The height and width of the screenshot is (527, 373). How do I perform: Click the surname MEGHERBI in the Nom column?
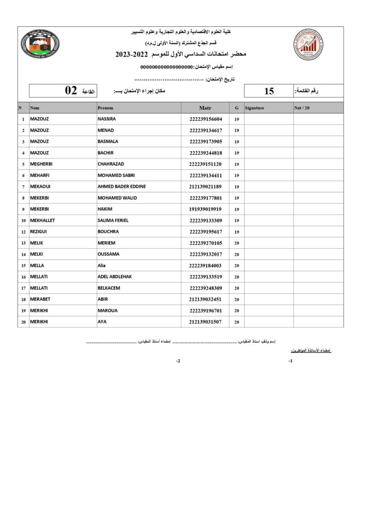pyautogui.click(x=42, y=164)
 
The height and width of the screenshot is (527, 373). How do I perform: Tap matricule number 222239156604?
pyautogui.click(x=205, y=119)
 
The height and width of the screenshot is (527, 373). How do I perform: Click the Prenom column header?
pyautogui.click(x=105, y=108)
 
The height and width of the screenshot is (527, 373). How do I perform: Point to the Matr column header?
pyautogui.click(x=205, y=108)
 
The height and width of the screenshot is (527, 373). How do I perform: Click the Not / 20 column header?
pyautogui.click(x=303, y=108)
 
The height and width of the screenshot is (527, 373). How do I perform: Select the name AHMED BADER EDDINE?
pyautogui.click(x=121, y=186)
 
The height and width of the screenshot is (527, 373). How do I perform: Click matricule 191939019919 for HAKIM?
pyautogui.click(x=205, y=209)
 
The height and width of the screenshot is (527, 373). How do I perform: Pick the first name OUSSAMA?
pyautogui.click(x=109, y=254)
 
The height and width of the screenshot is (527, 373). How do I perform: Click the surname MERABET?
pyautogui.click(x=41, y=299)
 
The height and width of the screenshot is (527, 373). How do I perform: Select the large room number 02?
pyautogui.click(x=71, y=91)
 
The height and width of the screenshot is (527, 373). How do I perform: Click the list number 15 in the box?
pyautogui.click(x=269, y=92)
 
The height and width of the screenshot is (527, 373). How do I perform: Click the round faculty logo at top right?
pyautogui.click(x=309, y=44)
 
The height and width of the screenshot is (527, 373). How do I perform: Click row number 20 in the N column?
pyautogui.click(x=23, y=322)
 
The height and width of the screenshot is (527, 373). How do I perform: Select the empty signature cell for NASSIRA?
pyautogui.click(x=268, y=119)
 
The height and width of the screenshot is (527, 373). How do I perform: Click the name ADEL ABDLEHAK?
pyautogui.click(x=115, y=276)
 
